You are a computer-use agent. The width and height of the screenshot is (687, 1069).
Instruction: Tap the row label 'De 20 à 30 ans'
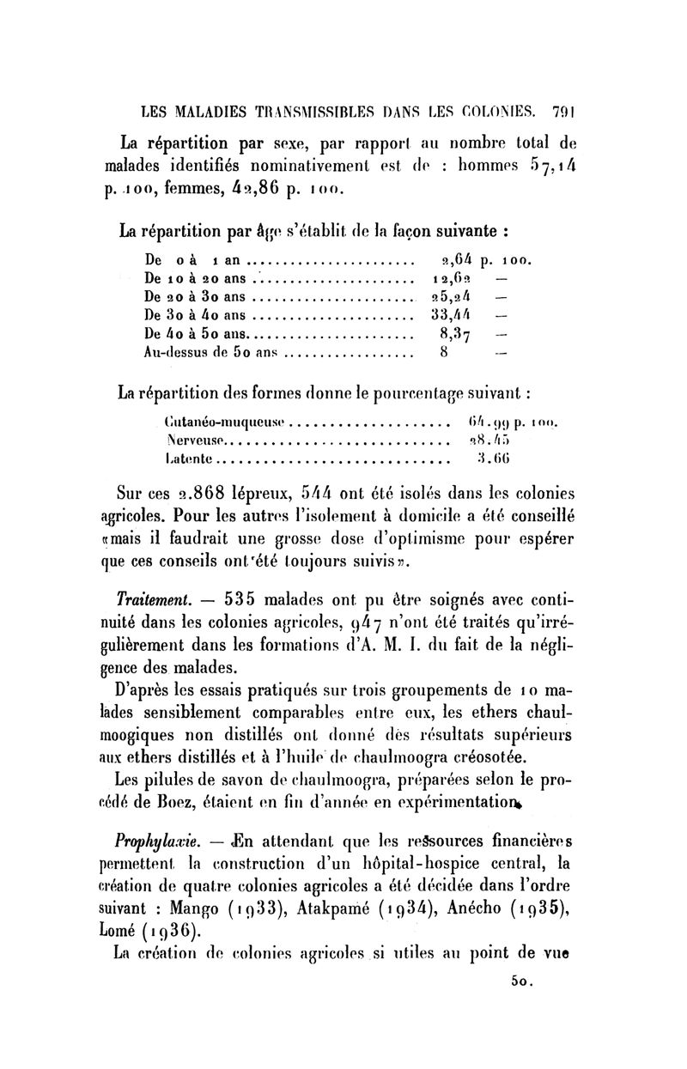pos(195,297)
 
